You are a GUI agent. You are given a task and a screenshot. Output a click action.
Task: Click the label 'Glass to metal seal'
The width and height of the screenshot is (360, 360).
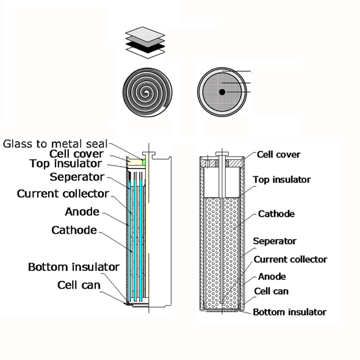(x=55, y=144)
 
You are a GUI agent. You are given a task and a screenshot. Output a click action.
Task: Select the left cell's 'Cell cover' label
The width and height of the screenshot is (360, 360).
(x=76, y=154)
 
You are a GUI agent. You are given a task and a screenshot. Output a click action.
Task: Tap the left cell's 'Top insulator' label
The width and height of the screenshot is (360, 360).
(x=66, y=164)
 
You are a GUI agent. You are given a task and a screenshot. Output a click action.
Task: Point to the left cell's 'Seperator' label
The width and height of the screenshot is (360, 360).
(x=77, y=177)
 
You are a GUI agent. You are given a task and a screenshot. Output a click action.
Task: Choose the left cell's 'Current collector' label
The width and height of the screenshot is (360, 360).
(x=63, y=194)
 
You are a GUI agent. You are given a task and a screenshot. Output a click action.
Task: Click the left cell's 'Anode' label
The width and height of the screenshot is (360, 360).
(x=82, y=212)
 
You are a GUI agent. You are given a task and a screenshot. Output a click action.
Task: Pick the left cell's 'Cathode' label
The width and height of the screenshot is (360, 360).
(x=74, y=230)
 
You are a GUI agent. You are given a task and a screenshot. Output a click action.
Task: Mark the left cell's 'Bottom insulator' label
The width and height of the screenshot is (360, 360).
(x=74, y=267)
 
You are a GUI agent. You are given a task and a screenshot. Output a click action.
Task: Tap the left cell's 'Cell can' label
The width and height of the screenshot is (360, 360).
(x=79, y=285)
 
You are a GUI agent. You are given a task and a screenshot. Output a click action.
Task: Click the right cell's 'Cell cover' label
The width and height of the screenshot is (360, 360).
(x=278, y=154)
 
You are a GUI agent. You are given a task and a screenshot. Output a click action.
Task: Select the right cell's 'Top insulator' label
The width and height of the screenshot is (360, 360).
(x=282, y=179)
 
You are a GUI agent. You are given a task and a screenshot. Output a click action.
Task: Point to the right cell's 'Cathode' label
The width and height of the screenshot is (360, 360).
(x=276, y=214)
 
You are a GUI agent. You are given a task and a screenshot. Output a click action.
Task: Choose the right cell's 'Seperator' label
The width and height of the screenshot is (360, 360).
(x=275, y=241)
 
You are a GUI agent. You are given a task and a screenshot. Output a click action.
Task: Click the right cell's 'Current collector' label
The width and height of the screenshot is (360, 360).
(x=290, y=259)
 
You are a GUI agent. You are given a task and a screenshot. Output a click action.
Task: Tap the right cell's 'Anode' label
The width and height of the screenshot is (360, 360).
(x=272, y=276)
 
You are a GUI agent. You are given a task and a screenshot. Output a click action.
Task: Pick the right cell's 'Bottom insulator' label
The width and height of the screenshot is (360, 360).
(x=289, y=312)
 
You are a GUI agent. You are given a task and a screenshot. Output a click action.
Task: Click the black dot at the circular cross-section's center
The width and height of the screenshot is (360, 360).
(x=222, y=92)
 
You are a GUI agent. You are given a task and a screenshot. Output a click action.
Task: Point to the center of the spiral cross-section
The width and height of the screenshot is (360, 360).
(x=146, y=93)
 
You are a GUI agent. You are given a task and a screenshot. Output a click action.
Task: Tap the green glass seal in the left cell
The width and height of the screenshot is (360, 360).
(x=144, y=162)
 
